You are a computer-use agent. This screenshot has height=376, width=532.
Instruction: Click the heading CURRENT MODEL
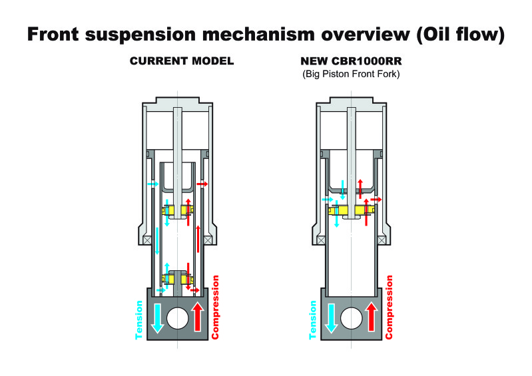tap(182, 61)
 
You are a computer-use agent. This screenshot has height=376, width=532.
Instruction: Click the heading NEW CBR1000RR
tap(351, 61)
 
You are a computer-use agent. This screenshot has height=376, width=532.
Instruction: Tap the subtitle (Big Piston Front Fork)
tap(351, 74)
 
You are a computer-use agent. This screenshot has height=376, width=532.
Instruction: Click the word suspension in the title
tap(140, 35)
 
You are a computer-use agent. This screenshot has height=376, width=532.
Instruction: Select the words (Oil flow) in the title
tap(460, 35)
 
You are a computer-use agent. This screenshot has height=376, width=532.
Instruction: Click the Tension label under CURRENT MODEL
tap(138, 319)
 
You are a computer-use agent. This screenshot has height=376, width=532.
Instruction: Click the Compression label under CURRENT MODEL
tap(215, 307)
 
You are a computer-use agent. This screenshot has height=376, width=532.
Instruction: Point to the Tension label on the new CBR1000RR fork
tap(312, 319)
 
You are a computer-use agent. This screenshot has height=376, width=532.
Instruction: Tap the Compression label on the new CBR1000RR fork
tap(389, 307)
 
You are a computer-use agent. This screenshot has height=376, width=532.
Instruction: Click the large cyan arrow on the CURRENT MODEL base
tap(157, 318)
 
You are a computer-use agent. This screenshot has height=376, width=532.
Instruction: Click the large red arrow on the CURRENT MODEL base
tap(198, 317)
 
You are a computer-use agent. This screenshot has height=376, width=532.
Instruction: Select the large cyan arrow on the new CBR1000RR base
tap(331, 318)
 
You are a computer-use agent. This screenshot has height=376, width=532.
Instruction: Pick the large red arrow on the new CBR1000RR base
tap(372, 317)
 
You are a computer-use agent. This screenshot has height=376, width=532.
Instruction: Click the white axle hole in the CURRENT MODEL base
tap(178, 318)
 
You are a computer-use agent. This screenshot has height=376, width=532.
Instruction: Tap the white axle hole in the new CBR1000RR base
tap(351, 318)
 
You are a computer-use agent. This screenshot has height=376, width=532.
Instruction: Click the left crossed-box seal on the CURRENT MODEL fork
tap(147, 240)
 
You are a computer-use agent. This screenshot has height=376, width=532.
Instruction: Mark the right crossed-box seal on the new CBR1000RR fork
tap(382, 240)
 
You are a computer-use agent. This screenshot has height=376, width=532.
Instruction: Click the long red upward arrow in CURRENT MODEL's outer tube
tap(198, 239)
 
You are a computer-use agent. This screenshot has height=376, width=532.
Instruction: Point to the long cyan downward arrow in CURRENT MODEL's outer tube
tap(157, 241)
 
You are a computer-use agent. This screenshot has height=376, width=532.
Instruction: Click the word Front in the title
tap(53, 35)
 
